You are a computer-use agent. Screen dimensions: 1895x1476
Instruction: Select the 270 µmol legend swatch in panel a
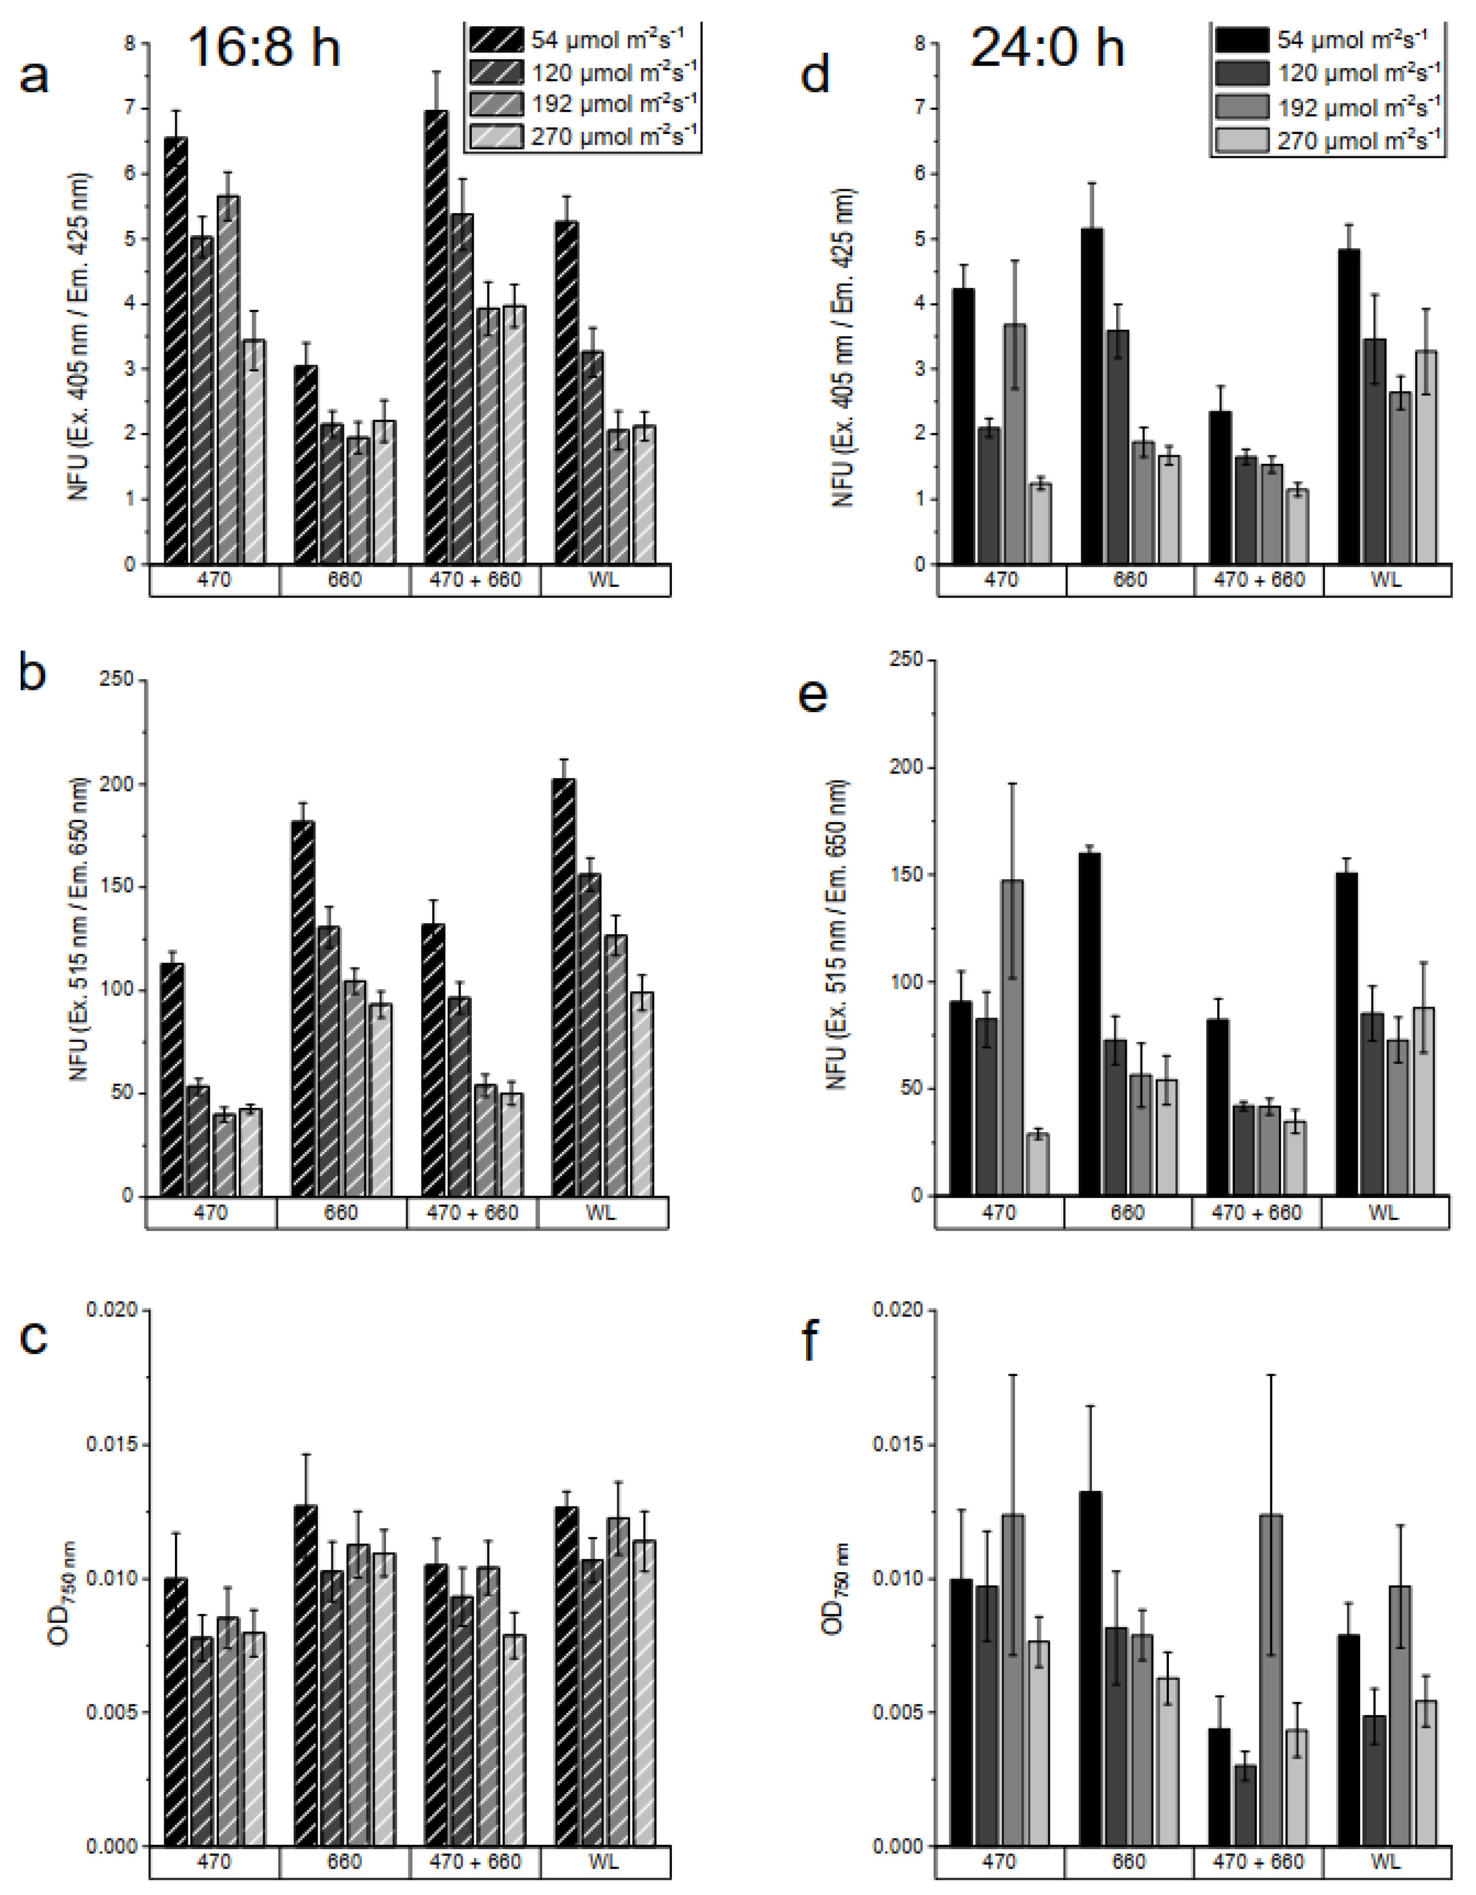click(496, 137)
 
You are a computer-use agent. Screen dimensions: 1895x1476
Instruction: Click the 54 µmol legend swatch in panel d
click(1241, 40)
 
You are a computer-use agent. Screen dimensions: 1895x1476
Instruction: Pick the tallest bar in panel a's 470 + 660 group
click(436, 339)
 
